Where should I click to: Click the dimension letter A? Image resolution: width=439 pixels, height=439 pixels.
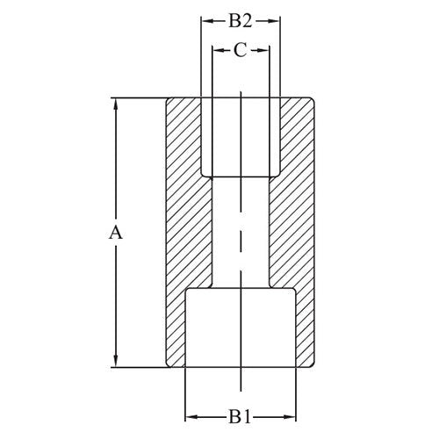click(114, 233)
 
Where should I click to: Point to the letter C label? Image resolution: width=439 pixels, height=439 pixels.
click(241, 51)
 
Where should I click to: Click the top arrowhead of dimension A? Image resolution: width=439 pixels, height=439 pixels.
click(114, 103)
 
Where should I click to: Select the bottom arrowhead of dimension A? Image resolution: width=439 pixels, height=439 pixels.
click(114, 361)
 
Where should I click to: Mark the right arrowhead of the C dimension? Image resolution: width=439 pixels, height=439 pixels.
click(263, 51)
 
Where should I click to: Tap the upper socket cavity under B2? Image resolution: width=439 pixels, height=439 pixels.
click(241, 136)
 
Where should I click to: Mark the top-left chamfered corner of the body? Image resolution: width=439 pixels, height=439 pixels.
click(168, 99)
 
